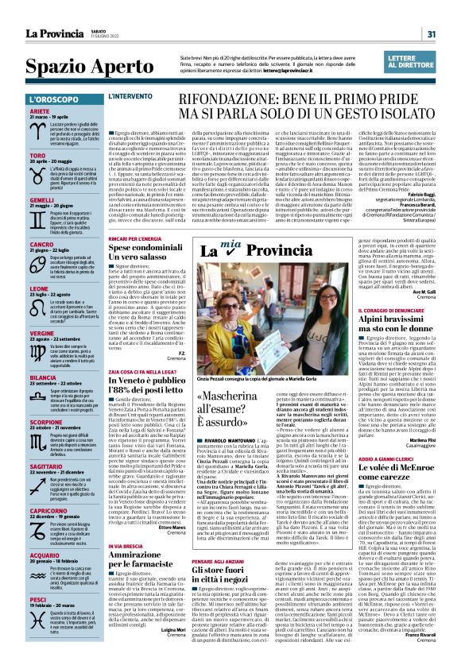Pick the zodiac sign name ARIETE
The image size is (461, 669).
click(41, 112)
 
